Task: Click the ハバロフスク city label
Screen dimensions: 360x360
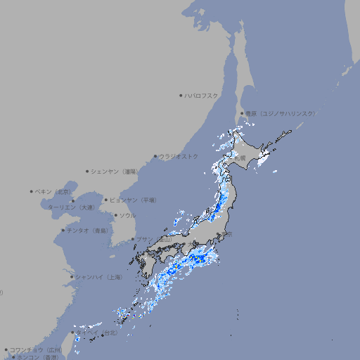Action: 202,95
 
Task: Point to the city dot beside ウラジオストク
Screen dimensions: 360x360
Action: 155,156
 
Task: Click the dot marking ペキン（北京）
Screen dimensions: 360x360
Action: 32,191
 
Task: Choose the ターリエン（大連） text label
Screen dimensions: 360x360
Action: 70,207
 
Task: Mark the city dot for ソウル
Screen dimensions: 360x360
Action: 115,215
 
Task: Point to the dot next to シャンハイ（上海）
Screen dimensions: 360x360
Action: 72,277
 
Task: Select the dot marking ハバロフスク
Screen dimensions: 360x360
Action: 181,95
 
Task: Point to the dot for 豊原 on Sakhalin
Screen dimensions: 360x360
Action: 242,113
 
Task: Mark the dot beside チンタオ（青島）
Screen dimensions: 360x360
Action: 63,230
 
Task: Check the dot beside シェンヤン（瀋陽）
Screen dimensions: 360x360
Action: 88,171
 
